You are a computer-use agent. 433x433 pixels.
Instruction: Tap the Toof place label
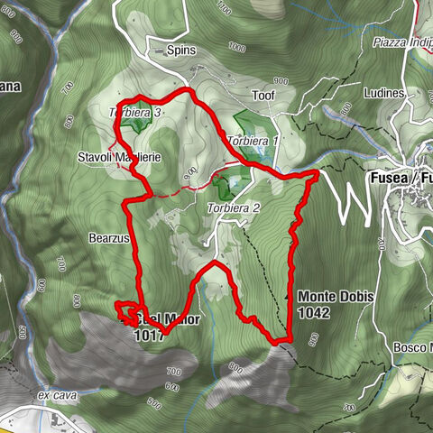pyautogui.click(x=263, y=93)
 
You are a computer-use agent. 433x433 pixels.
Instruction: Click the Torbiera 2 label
pyautogui.click(x=233, y=208)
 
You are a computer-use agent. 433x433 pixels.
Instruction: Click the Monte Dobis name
pyautogui.click(x=336, y=297)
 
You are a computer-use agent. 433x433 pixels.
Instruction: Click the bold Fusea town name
pyautogui.click(x=395, y=177)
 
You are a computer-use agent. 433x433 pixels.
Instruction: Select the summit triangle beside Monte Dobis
pyautogui.click(x=289, y=296)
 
